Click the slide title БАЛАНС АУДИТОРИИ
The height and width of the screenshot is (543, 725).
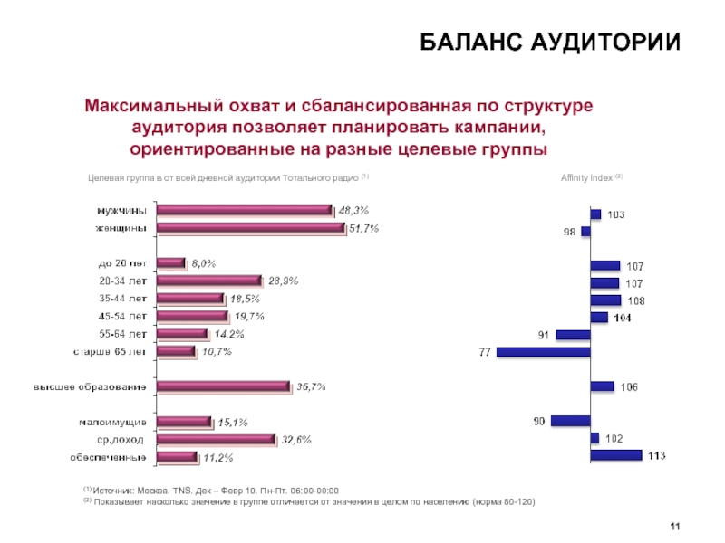pyautogui.click(x=549, y=43)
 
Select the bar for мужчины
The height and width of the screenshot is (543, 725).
pyautogui.click(x=245, y=210)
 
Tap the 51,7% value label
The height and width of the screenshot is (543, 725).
pyautogui.click(x=363, y=229)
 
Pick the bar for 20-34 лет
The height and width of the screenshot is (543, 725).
pyautogui.click(x=209, y=281)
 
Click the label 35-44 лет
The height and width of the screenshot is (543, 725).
pyautogui.click(x=123, y=299)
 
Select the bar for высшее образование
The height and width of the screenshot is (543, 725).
pyautogui.click(x=224, y=386)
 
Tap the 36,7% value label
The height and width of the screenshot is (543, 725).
pyautogui.click(x=311, y=386)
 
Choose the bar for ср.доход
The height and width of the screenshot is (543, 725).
pyautogui.click(x=216, y=439)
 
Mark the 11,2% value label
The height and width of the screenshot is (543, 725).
pyautogui.click(x=217, y=457)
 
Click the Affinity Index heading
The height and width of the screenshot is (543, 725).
pyautogui.click(x=589, y=177)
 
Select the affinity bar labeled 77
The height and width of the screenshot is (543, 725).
pyautogui.click(x=543, y=351)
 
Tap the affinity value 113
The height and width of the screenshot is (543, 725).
pyautogui.click(x=657, y=455)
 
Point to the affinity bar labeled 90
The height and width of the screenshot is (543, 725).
pyautogui.click(x=570, y=421)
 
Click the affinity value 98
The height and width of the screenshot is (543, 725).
pyautogui.click(x=569, y=232)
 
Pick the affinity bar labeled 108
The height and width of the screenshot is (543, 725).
pyautogui.click(x=605, y=300)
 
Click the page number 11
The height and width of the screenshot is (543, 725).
pyautogui.click(x=674, y=528)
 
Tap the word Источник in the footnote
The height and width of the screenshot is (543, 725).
pyautogui.click(x=115, y=490)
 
